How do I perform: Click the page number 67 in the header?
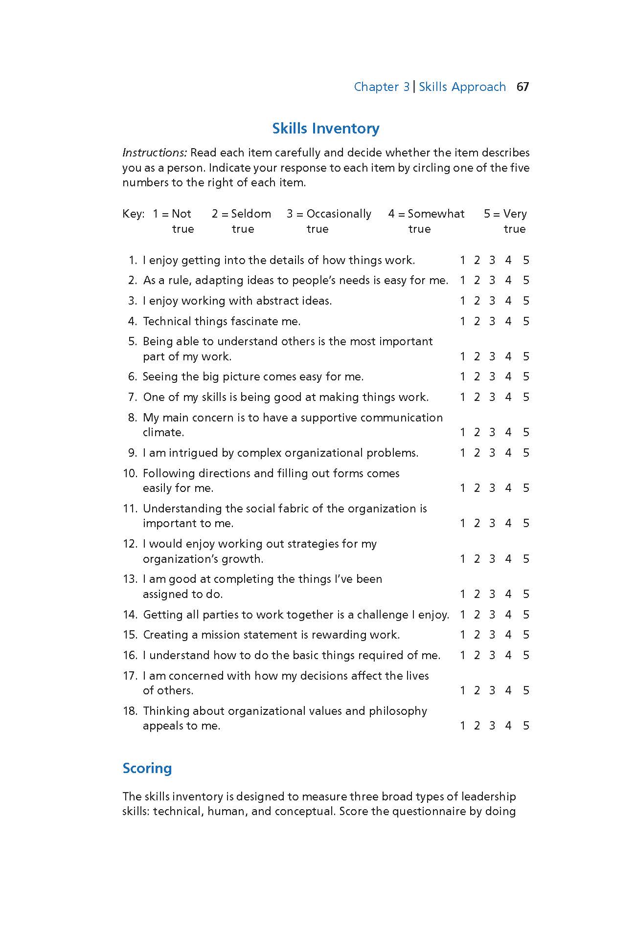[x=522, y=87]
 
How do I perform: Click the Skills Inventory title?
[x=326, y=129]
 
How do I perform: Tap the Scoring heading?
[x=147, y=768]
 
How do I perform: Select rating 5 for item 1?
[x=526, y=260]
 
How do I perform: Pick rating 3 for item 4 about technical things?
[x=492, y=321]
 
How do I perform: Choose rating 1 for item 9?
[x=462, y=453]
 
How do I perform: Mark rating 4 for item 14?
[x=508, y=615]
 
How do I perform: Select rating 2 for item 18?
[x=477, y=726]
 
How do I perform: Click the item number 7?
[x=132, y=397]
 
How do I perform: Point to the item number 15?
[x=130, y=635]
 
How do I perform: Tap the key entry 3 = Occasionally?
[x=329, y=214]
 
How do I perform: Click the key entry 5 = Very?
[x=505, y=214]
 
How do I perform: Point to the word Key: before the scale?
[x=133, y=214]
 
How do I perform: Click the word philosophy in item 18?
[x=398, y=711]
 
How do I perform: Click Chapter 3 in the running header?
[x=382, y=87]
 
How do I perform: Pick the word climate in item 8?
[x=163, y=432]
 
